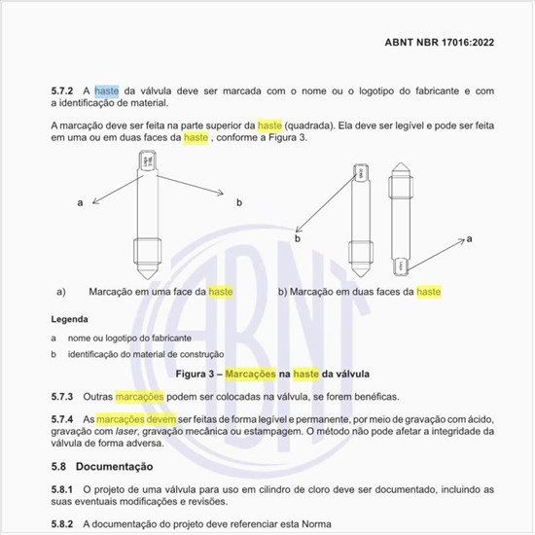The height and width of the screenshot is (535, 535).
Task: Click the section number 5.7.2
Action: [x=64, y=90]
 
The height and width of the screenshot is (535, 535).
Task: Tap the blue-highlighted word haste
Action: [x=107, y=90]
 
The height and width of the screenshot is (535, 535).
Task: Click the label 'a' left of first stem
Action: [x=80, y=201]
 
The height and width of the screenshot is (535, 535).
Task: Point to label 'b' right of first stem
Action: [x=238, y=202]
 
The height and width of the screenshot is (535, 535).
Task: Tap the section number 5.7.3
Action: [x=64, y=398]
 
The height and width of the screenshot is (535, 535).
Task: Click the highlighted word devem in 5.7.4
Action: [x=159, y=418]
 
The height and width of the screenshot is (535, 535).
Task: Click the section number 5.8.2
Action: [x=64, y=524]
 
